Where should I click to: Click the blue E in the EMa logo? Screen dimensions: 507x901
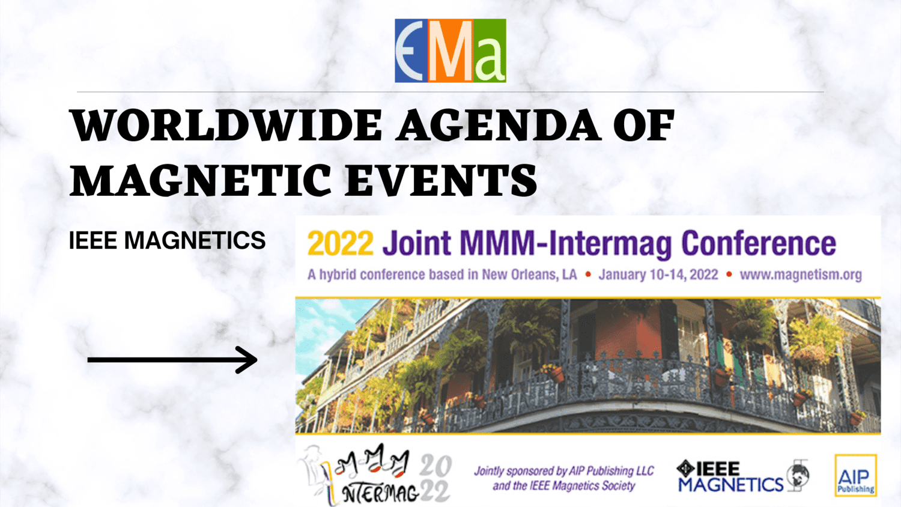coord(411,51)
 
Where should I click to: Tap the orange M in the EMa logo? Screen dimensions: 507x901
coord(450,51)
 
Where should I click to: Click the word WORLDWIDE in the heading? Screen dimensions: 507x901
coord(226,126)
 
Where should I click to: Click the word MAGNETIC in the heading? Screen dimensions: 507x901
coord(201,180)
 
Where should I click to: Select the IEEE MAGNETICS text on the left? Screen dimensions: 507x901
coord(167,241)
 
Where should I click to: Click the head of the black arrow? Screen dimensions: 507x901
coord(248,360)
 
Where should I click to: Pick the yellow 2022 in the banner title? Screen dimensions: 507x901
coord(340,243)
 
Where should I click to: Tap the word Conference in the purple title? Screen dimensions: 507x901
coord(758,243)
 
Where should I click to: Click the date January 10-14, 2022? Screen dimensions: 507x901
coord(658,275)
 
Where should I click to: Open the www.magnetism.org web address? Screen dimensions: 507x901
coord(800,275)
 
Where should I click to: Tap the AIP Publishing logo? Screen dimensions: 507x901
coord(855,476)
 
